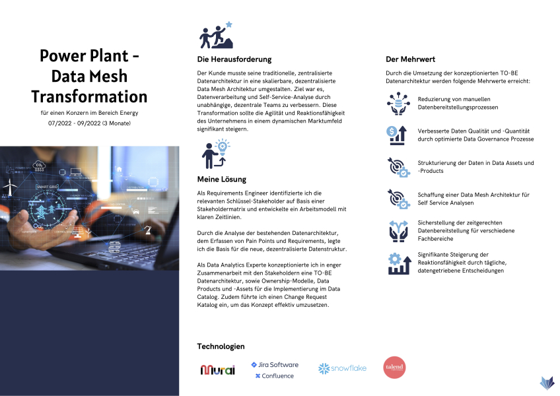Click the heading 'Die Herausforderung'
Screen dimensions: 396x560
pos(234,59)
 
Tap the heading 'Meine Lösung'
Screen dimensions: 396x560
pos(221,179)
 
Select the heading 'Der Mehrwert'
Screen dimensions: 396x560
pos(410,59)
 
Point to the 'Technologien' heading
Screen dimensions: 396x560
pos(221,346)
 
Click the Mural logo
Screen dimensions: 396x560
pos(217,370)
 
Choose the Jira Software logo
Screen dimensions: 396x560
pos(274,364)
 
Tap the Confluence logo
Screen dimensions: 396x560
pos(274,376)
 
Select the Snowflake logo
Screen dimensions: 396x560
pos(341,368)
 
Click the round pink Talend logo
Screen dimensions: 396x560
pos(396,368)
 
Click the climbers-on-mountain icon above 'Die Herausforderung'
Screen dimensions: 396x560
pos(216,36)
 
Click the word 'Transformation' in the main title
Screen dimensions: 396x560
pos(89,96)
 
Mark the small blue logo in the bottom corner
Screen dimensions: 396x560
pos(547,383)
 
